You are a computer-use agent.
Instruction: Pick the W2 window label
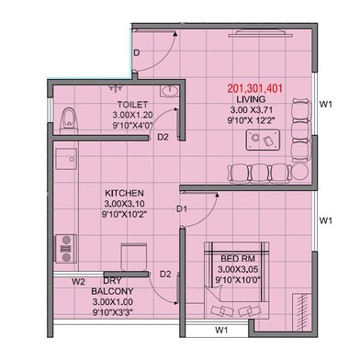[79, 281]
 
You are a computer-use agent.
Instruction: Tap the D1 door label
[182, 209]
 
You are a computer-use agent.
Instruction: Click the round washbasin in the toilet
[168, 92]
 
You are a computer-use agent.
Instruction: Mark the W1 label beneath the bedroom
[220, 329]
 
